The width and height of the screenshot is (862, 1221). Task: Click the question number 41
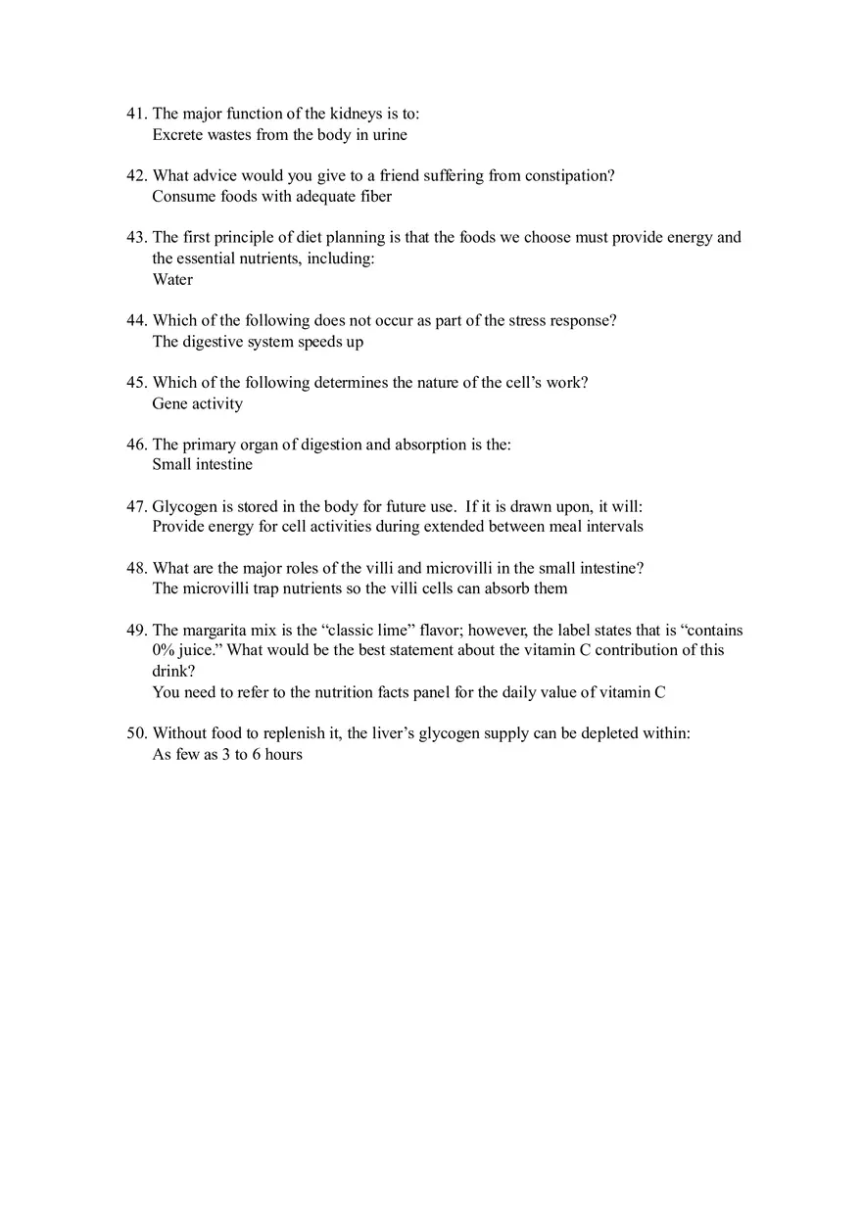(136, 114)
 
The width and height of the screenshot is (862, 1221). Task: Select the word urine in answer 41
(390, 135)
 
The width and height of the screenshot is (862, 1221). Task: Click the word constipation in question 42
(569, 176)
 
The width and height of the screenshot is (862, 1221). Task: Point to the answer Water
(172, 280)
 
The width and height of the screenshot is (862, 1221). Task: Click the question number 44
(136, 321)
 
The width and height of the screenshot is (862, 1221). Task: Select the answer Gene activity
(197, 404)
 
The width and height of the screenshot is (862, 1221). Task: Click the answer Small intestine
(202, 465)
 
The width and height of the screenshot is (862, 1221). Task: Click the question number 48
(136, 569)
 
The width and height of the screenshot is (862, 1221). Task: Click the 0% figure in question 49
(164, 651)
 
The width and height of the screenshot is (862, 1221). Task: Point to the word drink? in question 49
(173, 672)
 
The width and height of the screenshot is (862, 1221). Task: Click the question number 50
(136, 733)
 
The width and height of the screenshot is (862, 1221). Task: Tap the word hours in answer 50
(281, 755)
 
